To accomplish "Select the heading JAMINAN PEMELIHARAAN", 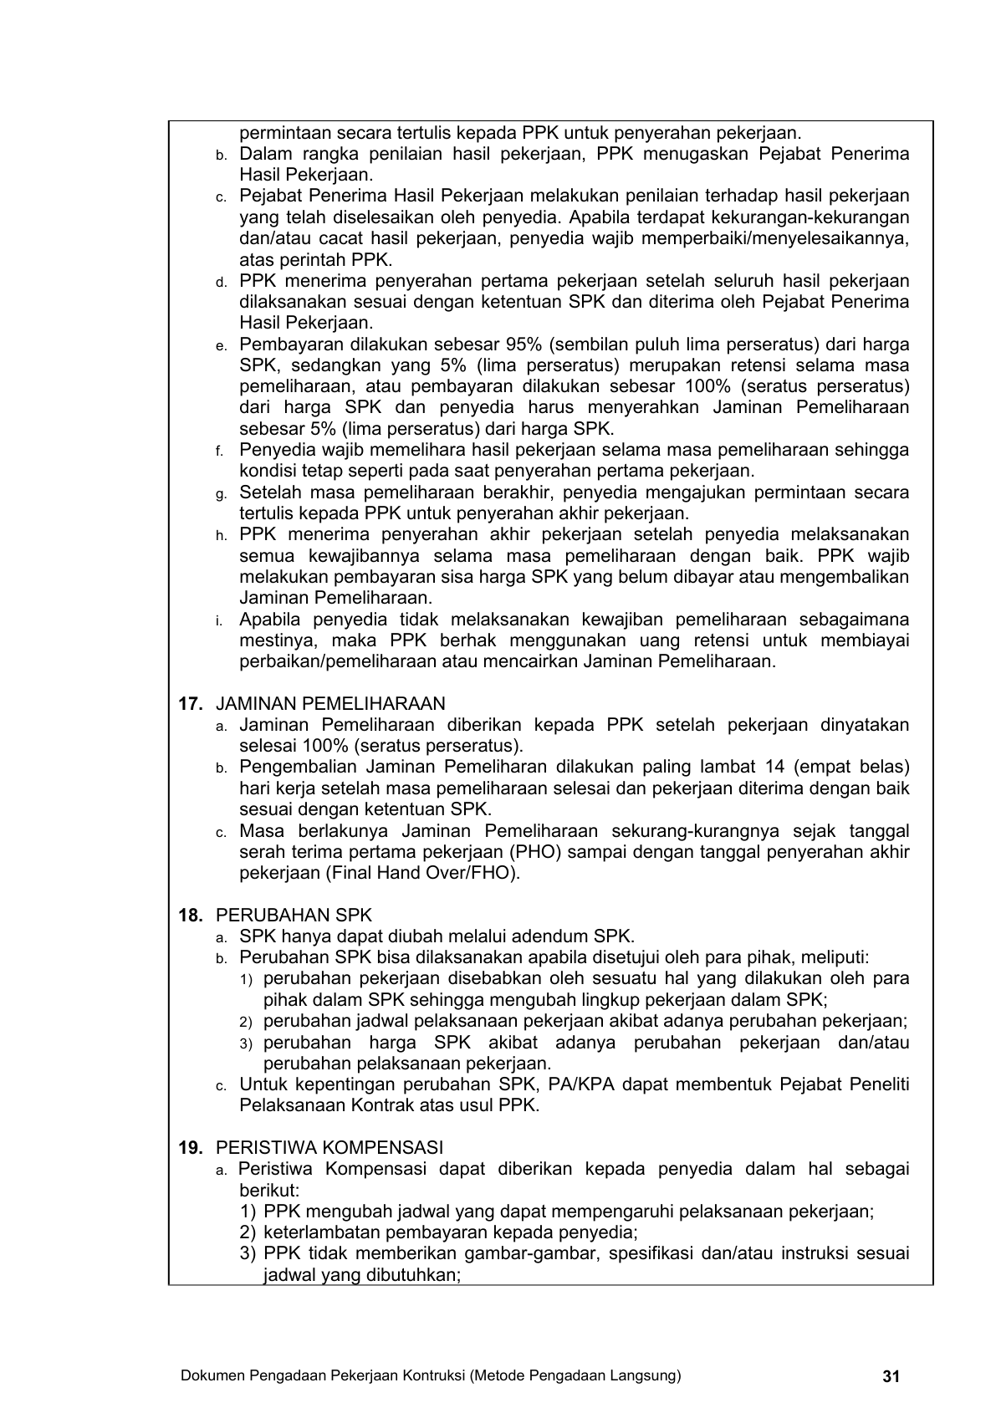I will (331, 704).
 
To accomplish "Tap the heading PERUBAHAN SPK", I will (294, 916).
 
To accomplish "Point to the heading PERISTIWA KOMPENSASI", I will (329, 1148).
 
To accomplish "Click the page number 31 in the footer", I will (890, 1376).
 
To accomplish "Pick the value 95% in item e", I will (526, 344).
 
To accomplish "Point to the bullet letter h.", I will (220, 536).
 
